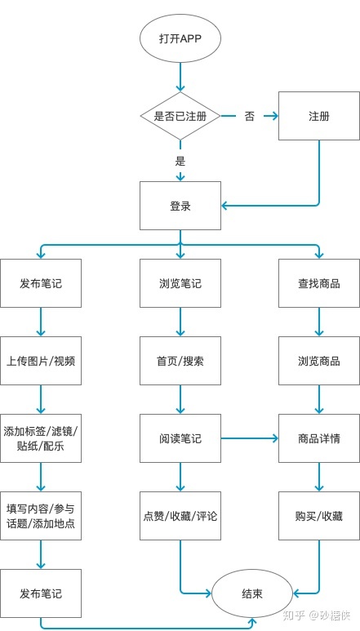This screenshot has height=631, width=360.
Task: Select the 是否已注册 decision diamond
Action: point(180,116)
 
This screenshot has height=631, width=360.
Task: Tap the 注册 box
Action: point(318,116)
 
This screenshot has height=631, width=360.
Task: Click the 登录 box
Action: point(180,206)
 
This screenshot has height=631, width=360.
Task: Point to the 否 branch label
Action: point(249,116)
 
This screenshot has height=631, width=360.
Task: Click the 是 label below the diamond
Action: point(180,160)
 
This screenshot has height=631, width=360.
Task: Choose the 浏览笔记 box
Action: point(180,283)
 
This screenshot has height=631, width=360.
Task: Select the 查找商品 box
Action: point(318,283)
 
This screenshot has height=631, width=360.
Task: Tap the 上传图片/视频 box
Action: point(41,361)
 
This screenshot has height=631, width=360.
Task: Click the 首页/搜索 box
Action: point(180,361)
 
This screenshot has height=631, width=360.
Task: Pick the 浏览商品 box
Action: point(318,361)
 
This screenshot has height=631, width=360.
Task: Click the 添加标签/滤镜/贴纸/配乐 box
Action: point(41,438)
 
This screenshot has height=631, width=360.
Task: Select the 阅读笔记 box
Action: point(180,438)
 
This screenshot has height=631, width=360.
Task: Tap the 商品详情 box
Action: point(318,438)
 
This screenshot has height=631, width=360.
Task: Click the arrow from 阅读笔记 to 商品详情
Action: point(249,438)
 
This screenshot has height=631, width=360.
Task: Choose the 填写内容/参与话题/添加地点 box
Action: point(41,515)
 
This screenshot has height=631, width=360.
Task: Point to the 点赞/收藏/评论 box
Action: point(180,515)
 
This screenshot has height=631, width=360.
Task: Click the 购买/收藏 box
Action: point(318,515)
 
